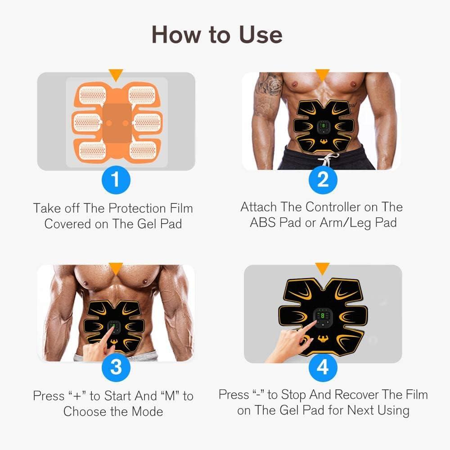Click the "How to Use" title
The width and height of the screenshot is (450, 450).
tap(216, 35)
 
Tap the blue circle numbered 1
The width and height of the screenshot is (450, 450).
tap(116, 180)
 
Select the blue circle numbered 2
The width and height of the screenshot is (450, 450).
tap(322, 180)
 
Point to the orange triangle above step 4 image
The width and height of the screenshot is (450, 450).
tap(322, 269)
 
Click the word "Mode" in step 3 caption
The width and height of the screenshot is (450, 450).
tap(146, 411)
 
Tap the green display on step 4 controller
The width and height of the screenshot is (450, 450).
tap(323, 317)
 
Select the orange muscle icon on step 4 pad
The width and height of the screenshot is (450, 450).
tap(323, 338)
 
